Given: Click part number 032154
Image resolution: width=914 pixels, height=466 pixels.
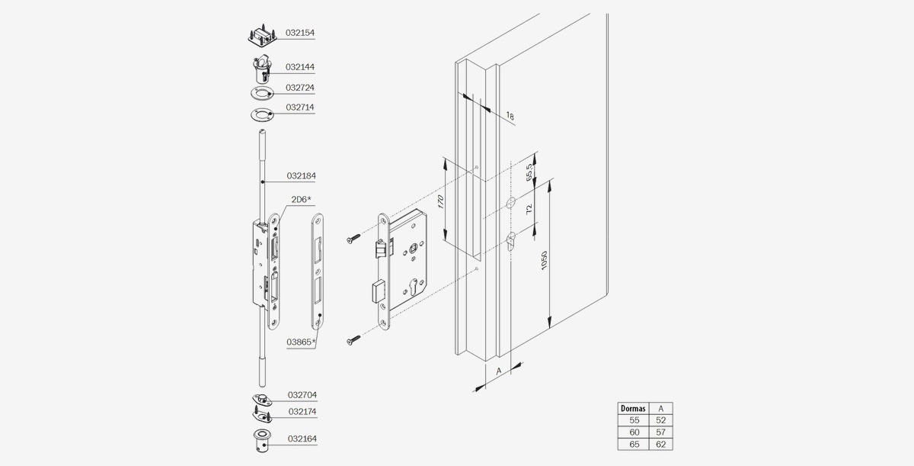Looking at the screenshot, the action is (300, 33).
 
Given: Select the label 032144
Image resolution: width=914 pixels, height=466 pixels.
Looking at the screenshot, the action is (300, 67).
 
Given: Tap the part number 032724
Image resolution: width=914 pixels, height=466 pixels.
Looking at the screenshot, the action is (300, 88).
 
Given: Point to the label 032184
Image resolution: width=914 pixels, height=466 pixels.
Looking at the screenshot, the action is (301, 175).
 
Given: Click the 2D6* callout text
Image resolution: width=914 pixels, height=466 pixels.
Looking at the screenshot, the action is (301, 199).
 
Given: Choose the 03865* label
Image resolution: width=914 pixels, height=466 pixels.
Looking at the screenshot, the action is (301, 342).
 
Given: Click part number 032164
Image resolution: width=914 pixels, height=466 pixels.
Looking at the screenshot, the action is (302, 439).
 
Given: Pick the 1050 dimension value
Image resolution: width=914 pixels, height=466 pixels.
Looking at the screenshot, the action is (544, 261).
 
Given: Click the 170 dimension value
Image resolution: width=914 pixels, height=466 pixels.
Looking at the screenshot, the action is (440, 202).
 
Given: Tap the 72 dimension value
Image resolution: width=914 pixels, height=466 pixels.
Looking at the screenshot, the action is (529, 210).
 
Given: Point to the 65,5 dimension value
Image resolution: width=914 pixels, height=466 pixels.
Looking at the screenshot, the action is (529, 172).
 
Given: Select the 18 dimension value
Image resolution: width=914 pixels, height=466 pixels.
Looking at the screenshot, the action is (510, 116).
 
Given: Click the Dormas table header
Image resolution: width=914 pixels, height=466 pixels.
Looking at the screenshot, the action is (633, 408).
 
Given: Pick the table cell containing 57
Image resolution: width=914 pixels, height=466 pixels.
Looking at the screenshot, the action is (660, 432).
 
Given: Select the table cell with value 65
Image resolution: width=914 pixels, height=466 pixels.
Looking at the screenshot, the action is (634, 445).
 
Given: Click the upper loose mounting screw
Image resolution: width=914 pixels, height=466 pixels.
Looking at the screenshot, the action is (353, 239).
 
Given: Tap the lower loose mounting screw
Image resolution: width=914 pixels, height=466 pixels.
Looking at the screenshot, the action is (353, 340).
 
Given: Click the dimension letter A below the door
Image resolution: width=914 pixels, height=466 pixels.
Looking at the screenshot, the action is (498, 371).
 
